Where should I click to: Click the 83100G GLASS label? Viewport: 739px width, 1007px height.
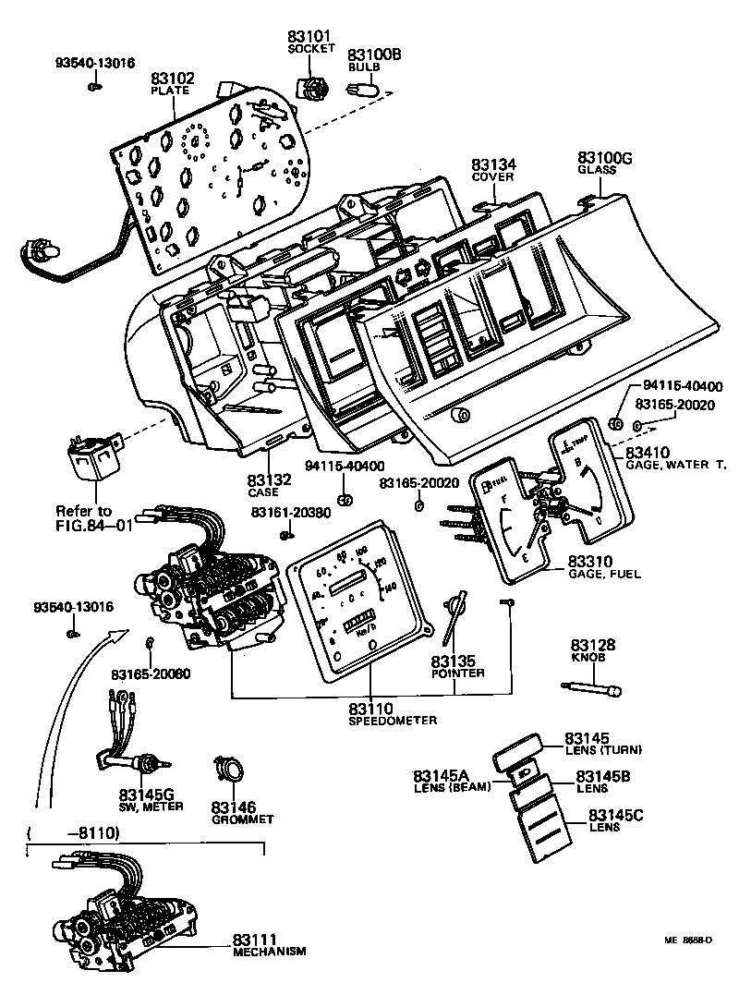pos(605,159)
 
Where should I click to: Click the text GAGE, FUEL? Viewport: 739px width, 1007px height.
pos(604,574)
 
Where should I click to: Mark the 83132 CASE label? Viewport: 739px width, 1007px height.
pos(269,480)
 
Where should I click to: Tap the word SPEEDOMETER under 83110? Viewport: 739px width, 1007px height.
pos(393,720)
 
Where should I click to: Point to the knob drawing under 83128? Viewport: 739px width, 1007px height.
pos(592,688)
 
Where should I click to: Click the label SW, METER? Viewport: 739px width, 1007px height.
pos(151,806)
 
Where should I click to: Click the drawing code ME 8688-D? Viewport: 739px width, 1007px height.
pos(688,940)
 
